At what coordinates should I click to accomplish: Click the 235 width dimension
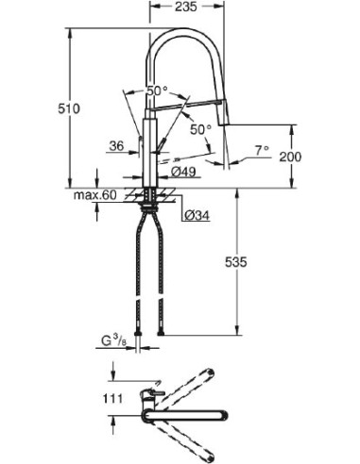196,8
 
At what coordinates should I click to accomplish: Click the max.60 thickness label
94,195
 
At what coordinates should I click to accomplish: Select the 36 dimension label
116,146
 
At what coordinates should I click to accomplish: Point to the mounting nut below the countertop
148,203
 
